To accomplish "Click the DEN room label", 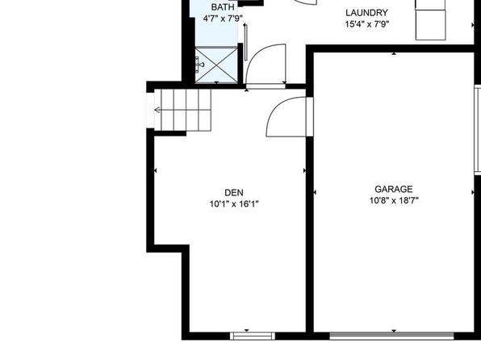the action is pos(234,193).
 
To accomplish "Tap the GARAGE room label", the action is pos(394,189).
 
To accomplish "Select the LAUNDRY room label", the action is pos(366,13).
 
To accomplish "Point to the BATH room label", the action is pos(223,6).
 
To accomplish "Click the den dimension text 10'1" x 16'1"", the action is pos(234,203).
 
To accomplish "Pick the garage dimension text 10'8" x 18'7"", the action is pos(394,200).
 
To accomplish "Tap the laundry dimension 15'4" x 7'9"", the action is pos(367,24).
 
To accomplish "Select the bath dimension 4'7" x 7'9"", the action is pos(223,19).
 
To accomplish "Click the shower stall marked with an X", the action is pos(216,65).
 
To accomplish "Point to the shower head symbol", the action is pos(201,64).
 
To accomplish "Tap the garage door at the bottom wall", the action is pos(391,336).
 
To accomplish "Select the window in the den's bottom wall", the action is pos(253,336).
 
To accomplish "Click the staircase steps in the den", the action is pos(182,110).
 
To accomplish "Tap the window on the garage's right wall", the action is pos(478,131).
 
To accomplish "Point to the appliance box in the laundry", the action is pos(430,20).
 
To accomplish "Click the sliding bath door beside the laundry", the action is pos(245,42).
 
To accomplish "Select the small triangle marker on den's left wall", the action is pos(155,170).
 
